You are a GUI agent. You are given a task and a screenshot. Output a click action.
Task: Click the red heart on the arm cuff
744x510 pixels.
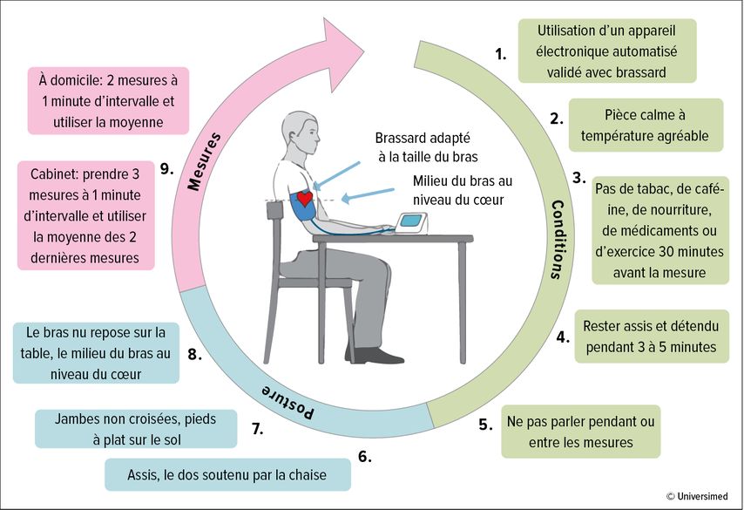coord(304,198)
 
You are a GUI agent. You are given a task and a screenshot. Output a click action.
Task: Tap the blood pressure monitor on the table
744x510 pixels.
coord(411,223)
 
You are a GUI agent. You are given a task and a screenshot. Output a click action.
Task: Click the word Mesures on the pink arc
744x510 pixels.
coord(205,161)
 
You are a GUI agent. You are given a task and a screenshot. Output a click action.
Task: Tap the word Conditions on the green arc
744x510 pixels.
coord(558,240)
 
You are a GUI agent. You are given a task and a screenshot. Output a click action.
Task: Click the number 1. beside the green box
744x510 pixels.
coord(501,54)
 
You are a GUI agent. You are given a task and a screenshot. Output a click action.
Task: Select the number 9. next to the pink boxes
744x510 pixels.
coord(166,168)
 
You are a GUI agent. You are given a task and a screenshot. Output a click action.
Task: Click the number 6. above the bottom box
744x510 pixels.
coord(364,457)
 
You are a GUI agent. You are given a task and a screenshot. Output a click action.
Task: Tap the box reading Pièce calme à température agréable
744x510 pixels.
coord(646,126)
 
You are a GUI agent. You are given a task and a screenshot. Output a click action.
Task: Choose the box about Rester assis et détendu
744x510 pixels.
coord(652,337)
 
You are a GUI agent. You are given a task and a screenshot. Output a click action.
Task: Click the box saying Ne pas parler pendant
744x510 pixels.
coord(581,432)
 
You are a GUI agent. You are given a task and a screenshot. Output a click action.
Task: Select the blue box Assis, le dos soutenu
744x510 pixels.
coord(227,474)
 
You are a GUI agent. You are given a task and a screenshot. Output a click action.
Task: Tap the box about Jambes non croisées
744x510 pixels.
coord(136,429)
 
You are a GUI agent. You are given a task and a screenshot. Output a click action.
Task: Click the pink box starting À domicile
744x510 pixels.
coord(108,100)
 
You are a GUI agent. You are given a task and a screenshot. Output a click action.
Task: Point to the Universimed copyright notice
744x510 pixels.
coord(697,496)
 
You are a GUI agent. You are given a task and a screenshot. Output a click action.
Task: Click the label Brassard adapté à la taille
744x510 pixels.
coord(425,147)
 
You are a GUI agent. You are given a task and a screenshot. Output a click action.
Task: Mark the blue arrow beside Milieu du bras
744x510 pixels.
coord(368,195)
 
